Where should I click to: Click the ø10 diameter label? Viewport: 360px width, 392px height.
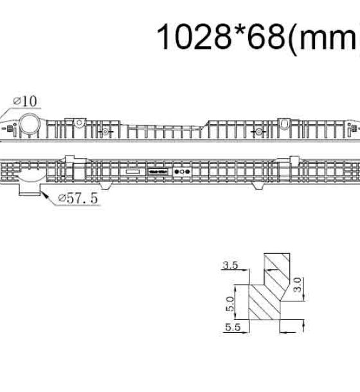tap(25, 102)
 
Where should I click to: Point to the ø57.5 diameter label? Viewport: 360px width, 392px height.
tap(78, 199)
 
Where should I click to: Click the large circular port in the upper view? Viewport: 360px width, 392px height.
tap(30, 123)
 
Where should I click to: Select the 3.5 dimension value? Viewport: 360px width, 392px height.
tap(230, 265)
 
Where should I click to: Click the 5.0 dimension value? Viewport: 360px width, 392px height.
tap(230, 304)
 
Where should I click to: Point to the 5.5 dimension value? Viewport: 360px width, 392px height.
tap(233, 327)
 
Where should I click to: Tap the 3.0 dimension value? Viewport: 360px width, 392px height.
tap(298, 285)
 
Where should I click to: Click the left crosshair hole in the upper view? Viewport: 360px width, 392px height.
tap(105, 132)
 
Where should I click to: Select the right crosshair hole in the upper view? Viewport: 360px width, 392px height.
tap(259, 132)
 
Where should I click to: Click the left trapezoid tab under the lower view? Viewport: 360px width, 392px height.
tap(105, 186)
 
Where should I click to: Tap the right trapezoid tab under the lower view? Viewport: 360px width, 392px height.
tap(257, 186)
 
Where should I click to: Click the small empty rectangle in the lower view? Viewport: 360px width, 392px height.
tap(132, 172)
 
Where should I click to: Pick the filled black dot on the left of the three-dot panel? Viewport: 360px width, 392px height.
tap(177, 172)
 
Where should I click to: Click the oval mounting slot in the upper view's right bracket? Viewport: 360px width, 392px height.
tap(284, 123)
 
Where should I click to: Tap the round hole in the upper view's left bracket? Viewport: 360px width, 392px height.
tap(79, 123)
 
